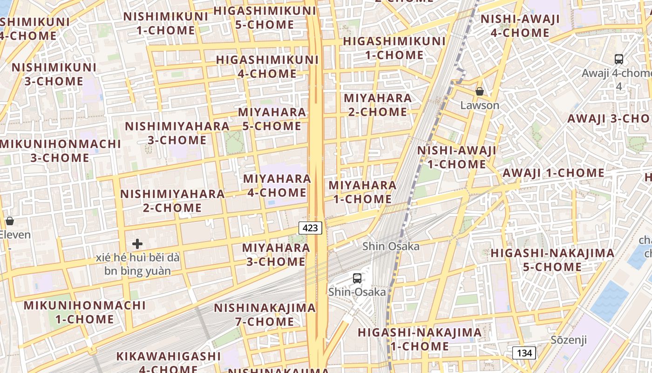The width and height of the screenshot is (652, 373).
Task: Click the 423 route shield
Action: (x=310, y=228)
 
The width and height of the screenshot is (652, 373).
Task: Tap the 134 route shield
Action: (x=524, y=353)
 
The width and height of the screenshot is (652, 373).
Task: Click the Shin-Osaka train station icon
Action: (x=357, y=278)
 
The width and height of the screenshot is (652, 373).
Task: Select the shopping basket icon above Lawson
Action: (x=479, y=91)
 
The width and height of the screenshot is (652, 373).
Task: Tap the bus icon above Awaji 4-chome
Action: (x=619, y=59)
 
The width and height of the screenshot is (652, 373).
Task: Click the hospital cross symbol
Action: (x=137, y=244)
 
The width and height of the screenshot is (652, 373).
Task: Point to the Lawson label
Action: (x=480, y=105)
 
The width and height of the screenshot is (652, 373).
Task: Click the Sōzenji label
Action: (x=569, y=339)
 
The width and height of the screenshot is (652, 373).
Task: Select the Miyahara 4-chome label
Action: (x=277, y=186)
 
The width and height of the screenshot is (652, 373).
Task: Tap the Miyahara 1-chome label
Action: (x=362, y=192)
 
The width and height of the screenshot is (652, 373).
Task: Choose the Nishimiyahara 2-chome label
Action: (x=172, y=201)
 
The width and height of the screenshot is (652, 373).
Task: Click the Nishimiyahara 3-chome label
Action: (x=177, y=133)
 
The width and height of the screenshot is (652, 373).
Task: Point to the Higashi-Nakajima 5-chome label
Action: (x=552, y=260)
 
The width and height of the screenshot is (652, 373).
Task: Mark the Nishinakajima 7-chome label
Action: (x=265, y=315)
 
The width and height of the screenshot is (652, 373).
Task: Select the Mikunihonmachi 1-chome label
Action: (x=85, y=312)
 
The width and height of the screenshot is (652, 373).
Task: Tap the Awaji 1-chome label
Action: (x=553, y=173)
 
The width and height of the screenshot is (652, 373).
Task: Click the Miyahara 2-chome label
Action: (x=378, y=105)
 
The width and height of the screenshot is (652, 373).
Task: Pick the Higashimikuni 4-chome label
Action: (x=267, y=67)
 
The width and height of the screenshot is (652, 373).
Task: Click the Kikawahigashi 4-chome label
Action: (x=168, y=362)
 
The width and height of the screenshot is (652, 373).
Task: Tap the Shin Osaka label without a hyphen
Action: (x=391, y=246)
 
